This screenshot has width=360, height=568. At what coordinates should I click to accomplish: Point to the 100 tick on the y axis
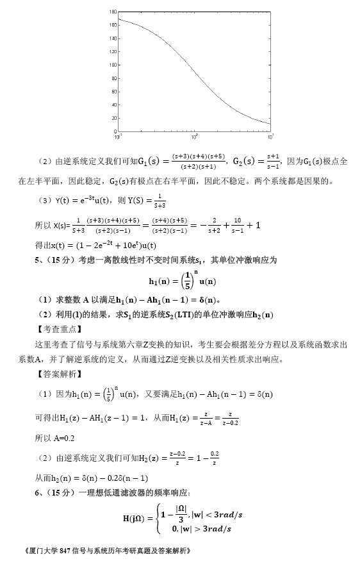pyautogui.click(x=113, y=65)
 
